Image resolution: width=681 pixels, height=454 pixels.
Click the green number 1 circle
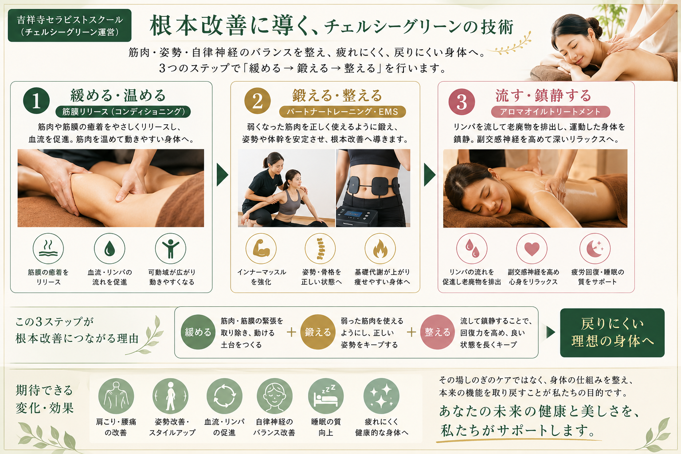coord(36,101)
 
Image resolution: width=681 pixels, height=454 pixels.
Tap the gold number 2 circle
coord(258,101)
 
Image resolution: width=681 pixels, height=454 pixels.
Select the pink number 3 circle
coord(462,102)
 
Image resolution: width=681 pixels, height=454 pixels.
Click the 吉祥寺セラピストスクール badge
coord(70,25)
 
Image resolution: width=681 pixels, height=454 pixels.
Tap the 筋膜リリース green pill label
coord(123,112)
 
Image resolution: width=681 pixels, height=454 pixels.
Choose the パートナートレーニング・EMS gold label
coord(342,112)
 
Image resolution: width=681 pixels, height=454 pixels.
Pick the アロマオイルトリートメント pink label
coord(551,112)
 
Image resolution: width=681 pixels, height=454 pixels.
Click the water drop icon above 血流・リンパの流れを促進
coord(110,248)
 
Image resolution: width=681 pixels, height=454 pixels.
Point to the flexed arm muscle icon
coord(261,248)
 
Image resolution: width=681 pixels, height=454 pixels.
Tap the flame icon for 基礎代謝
coord(380,248)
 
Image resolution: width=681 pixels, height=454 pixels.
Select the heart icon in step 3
coord(532,248)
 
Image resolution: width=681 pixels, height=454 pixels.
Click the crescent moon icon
coord(595,248)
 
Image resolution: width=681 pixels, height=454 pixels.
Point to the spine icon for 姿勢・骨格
coord(321,248)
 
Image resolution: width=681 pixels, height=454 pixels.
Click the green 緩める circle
coord(198,332)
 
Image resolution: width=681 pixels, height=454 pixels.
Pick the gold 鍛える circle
coord(318,332)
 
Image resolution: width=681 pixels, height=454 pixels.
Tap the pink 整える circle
coord(437,332)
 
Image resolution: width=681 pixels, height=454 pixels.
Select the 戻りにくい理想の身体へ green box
coord(612,333)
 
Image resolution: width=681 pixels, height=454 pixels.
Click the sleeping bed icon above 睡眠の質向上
coord(326,396)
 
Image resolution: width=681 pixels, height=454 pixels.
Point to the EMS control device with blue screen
coord(356,216)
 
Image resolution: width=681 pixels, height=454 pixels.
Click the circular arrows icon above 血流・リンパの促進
coord(224,396)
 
